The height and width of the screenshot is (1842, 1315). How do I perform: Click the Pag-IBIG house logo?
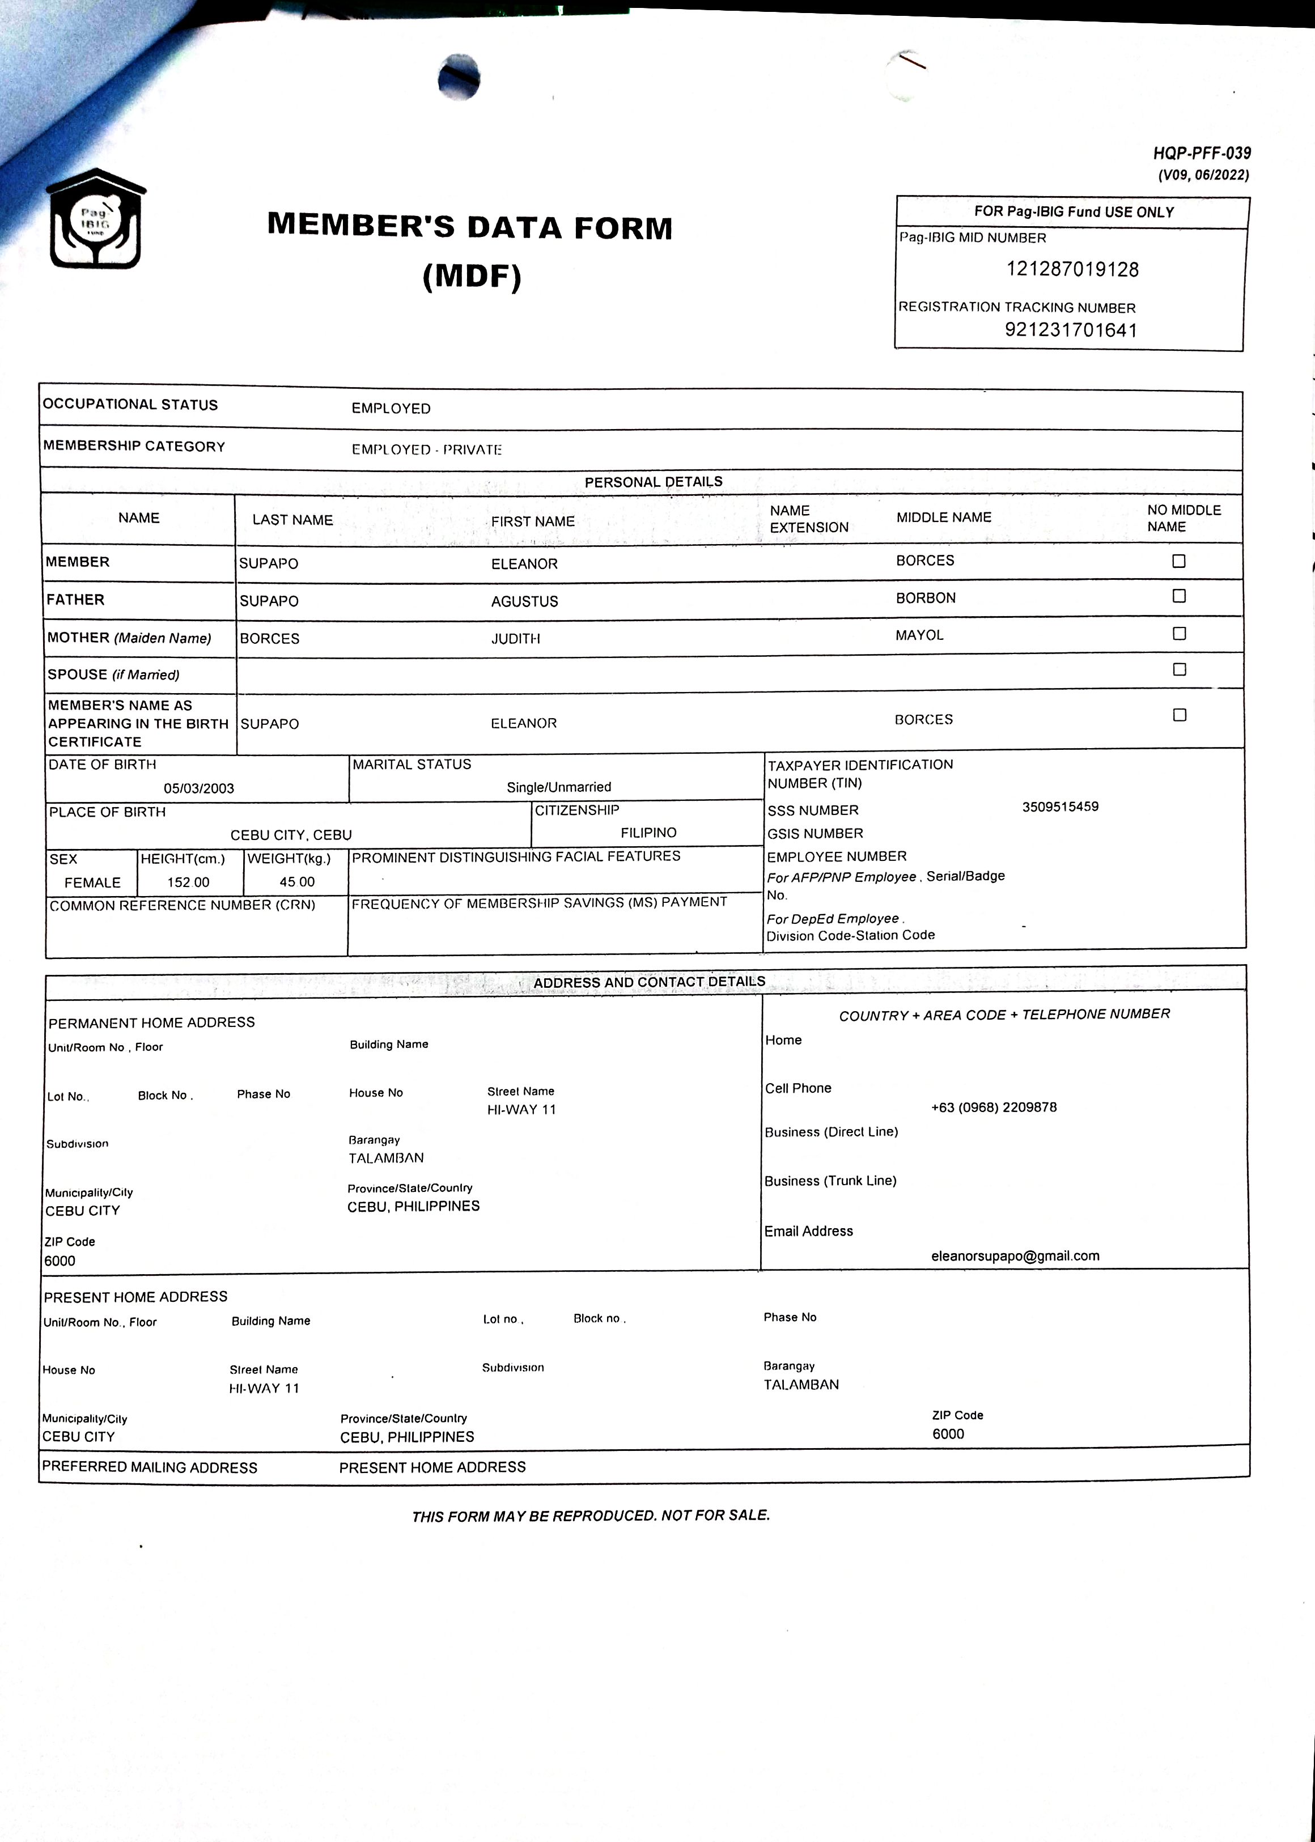96,219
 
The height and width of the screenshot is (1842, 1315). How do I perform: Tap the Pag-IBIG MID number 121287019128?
1072,270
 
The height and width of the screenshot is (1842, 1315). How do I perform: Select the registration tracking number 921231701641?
1071,330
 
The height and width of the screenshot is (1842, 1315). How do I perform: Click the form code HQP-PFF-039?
1202,153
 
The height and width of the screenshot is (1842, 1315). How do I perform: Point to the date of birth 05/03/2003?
198,788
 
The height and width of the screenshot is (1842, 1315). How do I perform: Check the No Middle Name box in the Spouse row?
1179,669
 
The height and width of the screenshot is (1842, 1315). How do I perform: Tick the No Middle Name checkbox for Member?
1179,561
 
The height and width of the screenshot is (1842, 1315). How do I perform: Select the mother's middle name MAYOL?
919,635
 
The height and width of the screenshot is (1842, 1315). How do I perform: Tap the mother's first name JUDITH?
515,639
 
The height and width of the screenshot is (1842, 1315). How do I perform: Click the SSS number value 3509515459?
1060,807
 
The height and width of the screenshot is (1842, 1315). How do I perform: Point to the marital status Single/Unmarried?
559,787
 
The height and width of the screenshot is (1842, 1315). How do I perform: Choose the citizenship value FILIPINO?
648,833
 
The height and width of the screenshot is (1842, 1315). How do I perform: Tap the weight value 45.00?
296,882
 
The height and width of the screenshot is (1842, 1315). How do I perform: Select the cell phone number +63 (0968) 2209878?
994,1107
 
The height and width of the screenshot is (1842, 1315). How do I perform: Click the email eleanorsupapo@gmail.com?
1015,1257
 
